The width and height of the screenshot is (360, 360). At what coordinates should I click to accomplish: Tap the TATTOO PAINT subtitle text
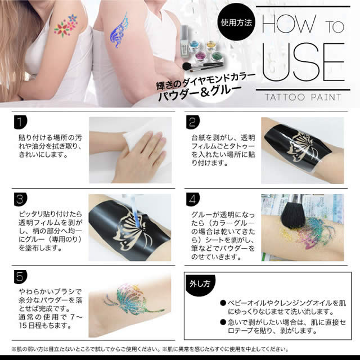click(x=304, y=97)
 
